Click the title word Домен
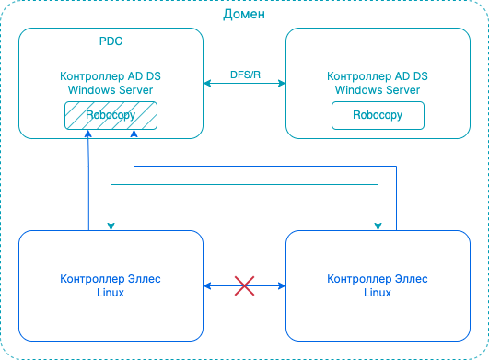pos(244,14)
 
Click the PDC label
pos(111,43)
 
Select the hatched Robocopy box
pos(111,116)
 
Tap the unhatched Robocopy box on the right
pos(378,116)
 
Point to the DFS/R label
pos(245,74)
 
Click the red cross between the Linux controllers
pos(244,286)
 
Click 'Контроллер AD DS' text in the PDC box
pos(111,77)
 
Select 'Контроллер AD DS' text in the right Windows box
pos(378,77)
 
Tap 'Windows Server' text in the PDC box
pos(111,90)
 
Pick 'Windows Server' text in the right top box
pos(378,90)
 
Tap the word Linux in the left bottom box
pos(111,292)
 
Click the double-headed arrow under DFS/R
pos(244,85)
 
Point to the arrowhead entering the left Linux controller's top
pos(111,226)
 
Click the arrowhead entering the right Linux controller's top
pos(378,226)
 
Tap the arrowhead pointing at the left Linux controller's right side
pos(207,286)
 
